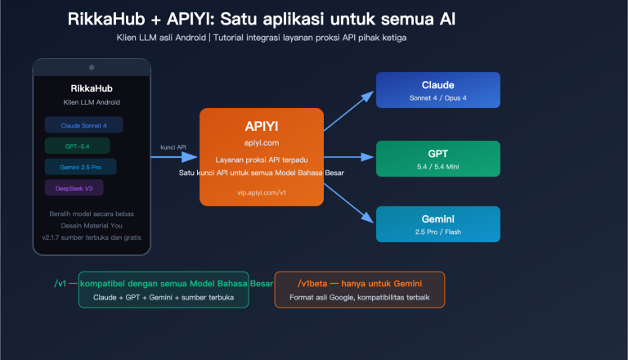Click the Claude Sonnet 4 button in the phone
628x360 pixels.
[83, 125]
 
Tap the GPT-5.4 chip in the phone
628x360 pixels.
[77, 146]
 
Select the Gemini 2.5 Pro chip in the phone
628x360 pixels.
[80, 167]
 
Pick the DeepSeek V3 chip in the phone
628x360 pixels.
[74, 187]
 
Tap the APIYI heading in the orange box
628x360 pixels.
[261, 126]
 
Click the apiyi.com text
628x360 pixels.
[261, 142]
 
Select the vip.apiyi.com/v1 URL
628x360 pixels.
[261, 193]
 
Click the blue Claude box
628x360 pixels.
[437, 90]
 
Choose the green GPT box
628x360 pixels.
[437, 158]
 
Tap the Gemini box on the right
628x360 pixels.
[437, 224]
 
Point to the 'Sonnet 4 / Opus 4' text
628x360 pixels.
[437, 98]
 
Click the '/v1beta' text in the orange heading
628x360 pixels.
[303, 283]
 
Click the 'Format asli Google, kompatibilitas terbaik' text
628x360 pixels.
[360, 298]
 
